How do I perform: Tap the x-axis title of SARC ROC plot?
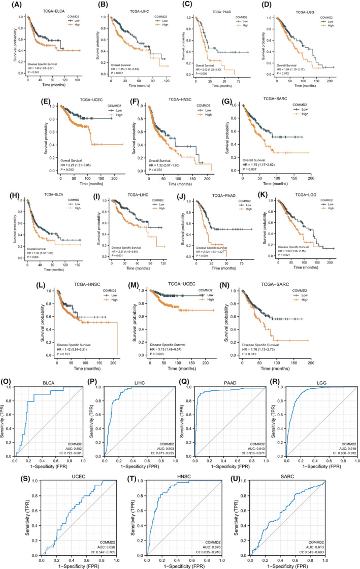(x=288, y=564)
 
